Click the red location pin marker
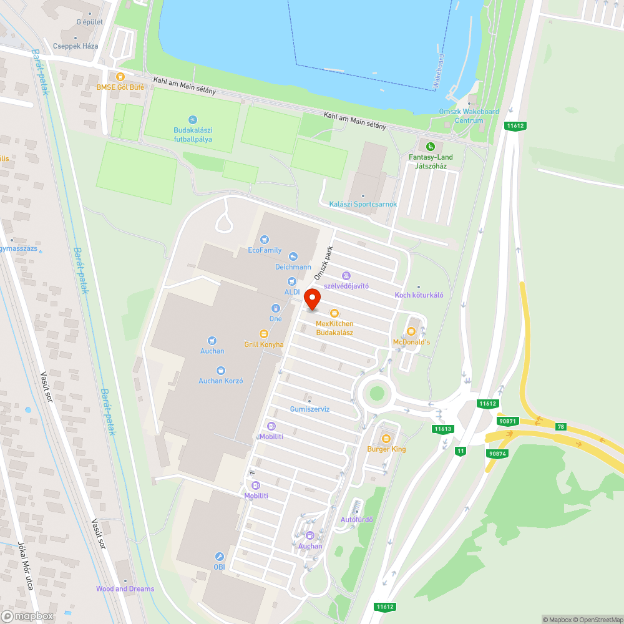312,299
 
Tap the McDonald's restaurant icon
411,331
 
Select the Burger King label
386,449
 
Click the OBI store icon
219,557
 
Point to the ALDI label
292,291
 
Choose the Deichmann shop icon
293,256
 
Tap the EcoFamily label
265,250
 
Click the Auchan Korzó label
220,381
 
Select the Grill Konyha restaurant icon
264,334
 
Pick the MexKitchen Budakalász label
334,328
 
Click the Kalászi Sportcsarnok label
363,204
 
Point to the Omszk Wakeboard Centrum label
469,116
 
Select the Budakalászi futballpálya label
193,135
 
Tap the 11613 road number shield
442,429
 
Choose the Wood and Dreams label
125,588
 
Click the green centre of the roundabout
376,393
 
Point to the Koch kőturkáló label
419,295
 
